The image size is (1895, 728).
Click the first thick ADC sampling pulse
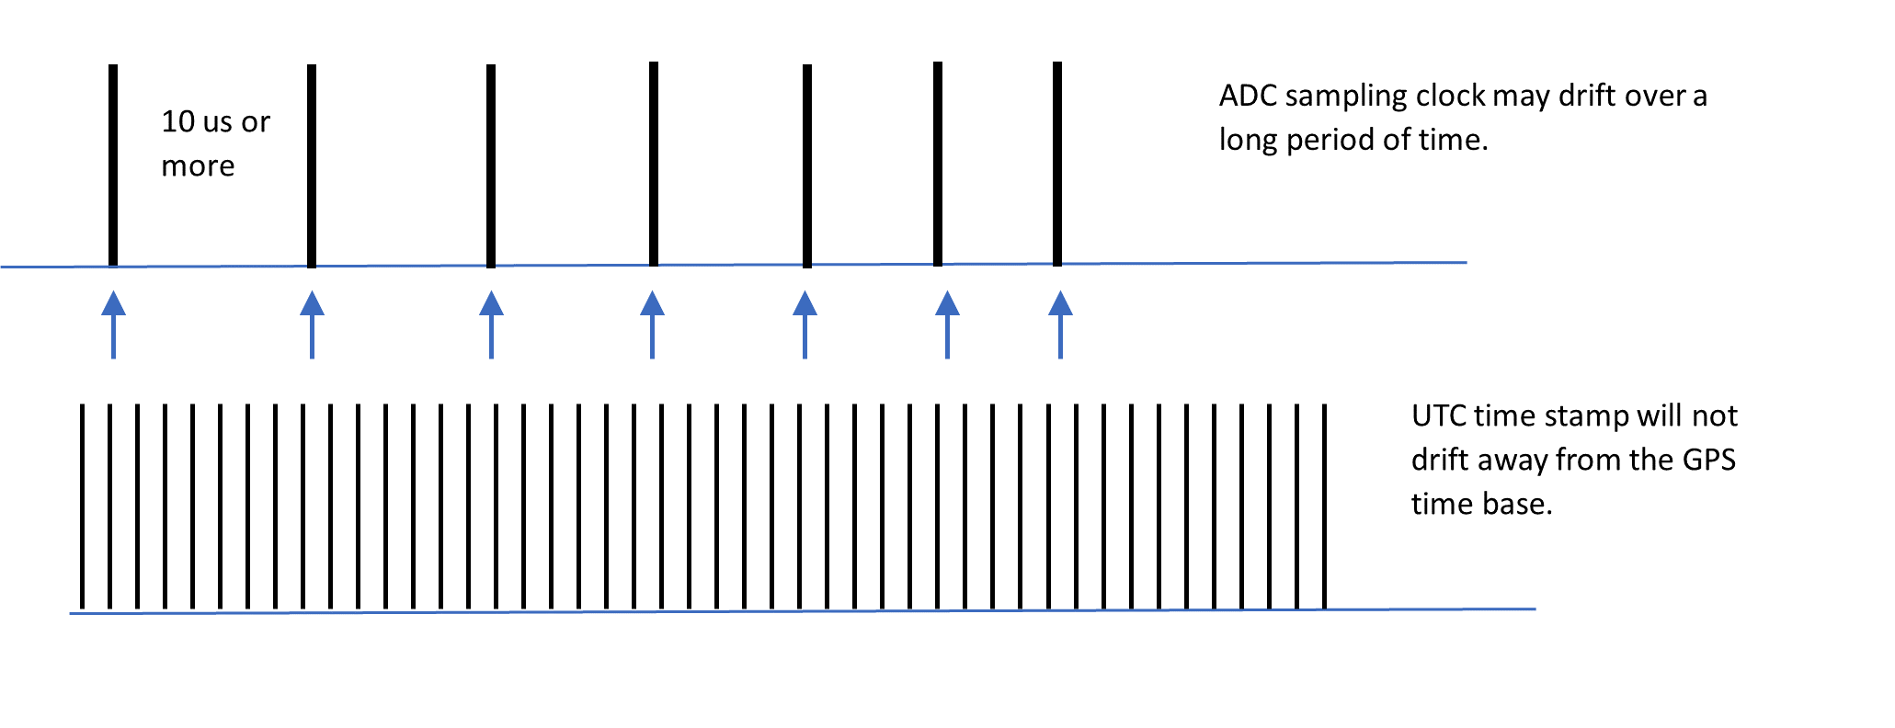click(x=113, y=165)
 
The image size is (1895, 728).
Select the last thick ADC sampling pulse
click(x=1057, y=164)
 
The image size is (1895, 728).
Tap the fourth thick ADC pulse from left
click(x=654, y=164)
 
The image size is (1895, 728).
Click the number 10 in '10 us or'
click(x=178, y=121)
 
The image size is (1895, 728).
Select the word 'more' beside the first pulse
click(x=198, y=166)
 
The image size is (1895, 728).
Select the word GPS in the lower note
click(x=1708, y=460)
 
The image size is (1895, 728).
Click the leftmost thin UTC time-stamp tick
click(x=82, y=506)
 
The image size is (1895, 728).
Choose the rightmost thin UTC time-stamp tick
click(x=1324, y=506)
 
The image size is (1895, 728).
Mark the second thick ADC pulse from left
click(x=312, y=165)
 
